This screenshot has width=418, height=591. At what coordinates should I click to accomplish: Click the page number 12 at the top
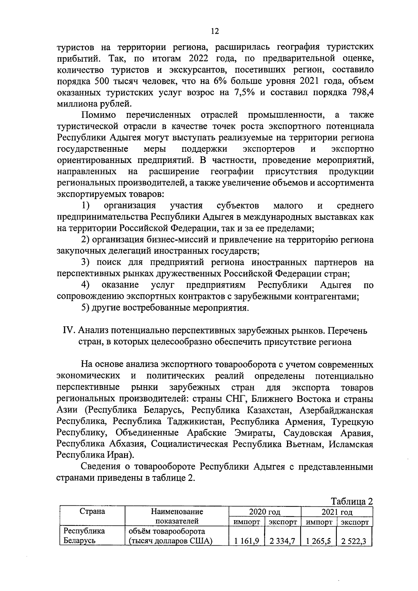[x=215, y=31]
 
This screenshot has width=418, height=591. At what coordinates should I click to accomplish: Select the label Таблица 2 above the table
[x=352, y=501]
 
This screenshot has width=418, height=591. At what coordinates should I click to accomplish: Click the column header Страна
[x=92, y=512]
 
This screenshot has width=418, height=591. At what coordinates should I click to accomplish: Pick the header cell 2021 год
[x=336, y=512]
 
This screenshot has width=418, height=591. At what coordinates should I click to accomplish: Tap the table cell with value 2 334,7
[x=282, y=542]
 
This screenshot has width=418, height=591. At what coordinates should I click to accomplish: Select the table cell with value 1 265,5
[x=318, y=542]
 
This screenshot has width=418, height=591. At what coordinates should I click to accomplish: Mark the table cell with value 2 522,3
[x=354, y=542]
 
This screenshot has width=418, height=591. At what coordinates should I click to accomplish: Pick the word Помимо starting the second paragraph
[x=99, y=115]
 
